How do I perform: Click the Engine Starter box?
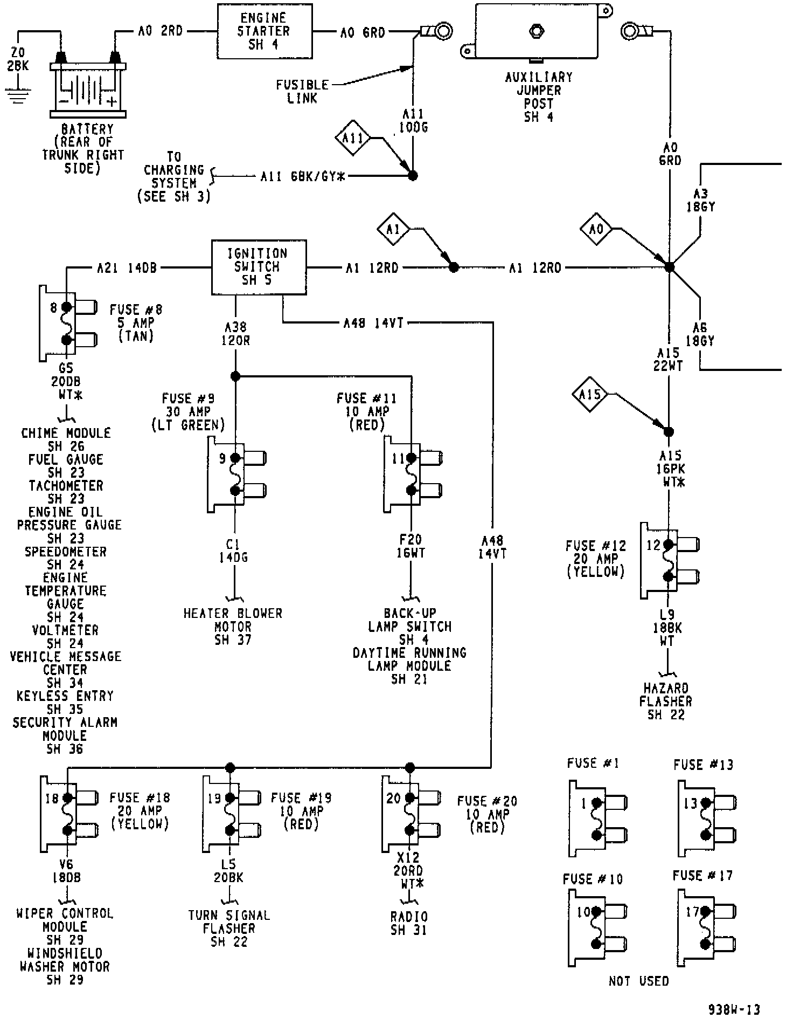pos(265,31)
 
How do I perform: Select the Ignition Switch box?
pos(259,267)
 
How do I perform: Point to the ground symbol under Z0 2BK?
pos(18,95)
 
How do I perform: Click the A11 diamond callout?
pos(353,138)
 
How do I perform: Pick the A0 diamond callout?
pos(596,230)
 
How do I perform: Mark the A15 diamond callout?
pos(590,395)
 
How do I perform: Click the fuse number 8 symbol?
pos(68,324)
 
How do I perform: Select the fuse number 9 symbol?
pos(236,474)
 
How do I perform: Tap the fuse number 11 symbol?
pos(412,474)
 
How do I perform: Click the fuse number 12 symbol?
pos(670,560)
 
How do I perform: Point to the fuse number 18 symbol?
pos(69,814)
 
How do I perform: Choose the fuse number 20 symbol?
pos(411,814)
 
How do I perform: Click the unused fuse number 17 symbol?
pos(706,928)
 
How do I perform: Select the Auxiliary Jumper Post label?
pos(539,97)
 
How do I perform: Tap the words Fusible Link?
pos(302,92)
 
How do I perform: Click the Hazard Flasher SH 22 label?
pos(666,701)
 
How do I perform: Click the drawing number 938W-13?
pos(734,1009)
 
